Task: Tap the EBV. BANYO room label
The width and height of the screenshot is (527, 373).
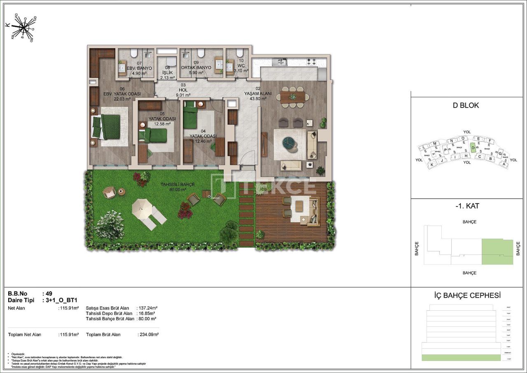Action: (x=139, y=68)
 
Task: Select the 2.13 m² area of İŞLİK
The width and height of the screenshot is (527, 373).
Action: (x=168, y=77)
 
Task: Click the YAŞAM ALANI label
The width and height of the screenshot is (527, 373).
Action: (x=258, y=94)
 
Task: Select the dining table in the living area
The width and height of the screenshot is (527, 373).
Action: (x=293, y=96)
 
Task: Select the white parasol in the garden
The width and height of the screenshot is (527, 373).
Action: (x=142, y=206)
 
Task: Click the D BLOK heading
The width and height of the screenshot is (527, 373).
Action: (x=466, y=106)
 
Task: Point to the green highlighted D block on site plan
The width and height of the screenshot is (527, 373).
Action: (x=473, y=148)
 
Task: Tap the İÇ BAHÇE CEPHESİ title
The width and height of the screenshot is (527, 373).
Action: (x=467, y=295)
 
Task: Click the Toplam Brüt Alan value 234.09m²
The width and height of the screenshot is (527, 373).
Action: (x=148, y=335)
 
